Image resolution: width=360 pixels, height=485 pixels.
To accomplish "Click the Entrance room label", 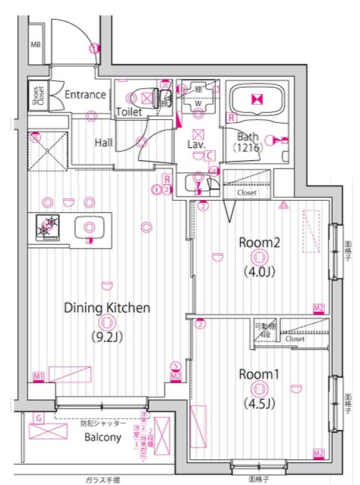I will (x=85, y=94).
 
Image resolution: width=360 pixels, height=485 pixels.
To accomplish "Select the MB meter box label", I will (x=36, y=45).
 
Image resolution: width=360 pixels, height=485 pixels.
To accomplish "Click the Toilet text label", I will (x=129, y=111).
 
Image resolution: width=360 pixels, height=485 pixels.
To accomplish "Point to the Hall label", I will (x=104, y=143).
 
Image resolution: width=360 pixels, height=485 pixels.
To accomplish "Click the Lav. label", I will (x=197, y=144).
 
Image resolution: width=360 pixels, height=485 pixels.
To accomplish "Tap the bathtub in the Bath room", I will (x=257, y=100).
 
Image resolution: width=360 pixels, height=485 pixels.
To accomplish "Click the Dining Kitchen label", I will (x=107, y=308).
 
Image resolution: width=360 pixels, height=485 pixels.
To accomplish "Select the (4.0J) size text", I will (x=259, y=272).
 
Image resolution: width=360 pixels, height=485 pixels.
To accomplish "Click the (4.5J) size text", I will (x=259, y=403).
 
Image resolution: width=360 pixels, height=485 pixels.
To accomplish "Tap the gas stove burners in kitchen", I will (x=49, y=226).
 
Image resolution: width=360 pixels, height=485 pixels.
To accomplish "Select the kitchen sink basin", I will (x=89, y=226).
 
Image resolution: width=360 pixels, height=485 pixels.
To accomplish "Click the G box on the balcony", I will (x=38, y=418).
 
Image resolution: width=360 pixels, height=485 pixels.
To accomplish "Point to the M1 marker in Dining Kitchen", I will (x=39, y=377).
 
